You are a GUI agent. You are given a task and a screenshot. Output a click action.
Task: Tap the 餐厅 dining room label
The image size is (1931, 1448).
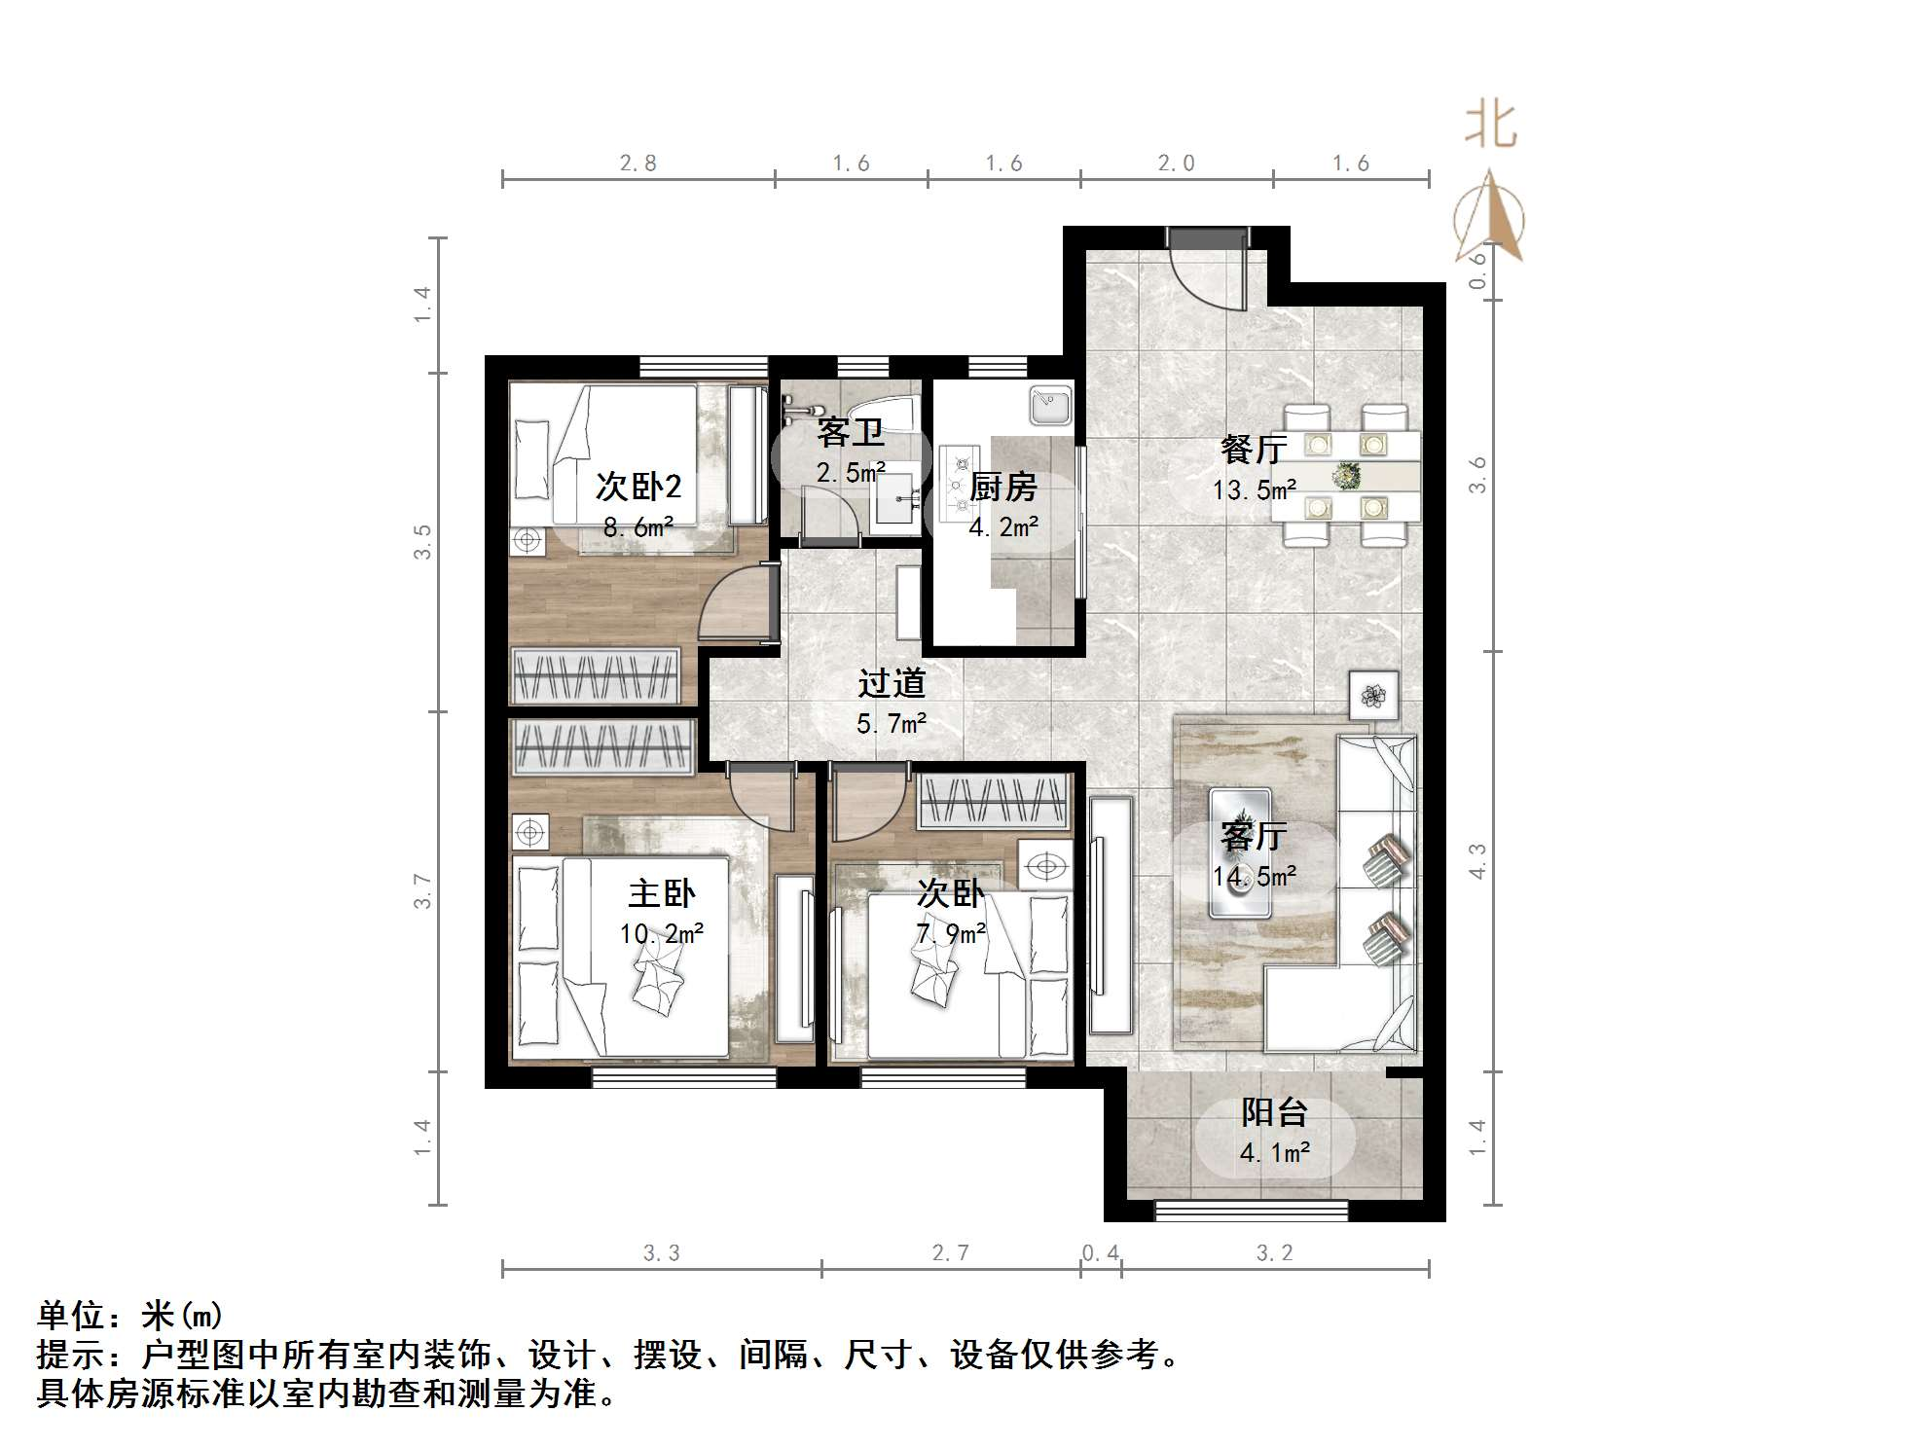pyautogui.click(x=1254, y=450)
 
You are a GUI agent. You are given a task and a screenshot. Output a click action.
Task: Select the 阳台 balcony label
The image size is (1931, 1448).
pyautogui.click(x=1274, y=1112)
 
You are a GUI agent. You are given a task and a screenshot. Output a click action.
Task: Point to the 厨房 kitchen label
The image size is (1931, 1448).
pyautogui.click(x=1003, y=488)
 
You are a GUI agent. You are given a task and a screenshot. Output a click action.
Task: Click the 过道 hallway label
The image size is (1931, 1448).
pyautogui.click(x=891, y=684)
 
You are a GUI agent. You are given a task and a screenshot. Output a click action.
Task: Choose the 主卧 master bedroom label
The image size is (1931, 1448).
pyautogui.click(x=662, y=893)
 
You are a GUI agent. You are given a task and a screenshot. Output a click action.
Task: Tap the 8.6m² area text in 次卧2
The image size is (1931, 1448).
pyautogui.click(x=638, y=528)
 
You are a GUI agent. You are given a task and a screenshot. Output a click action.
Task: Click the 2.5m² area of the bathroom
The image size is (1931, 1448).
pyautogui.click(x=851, y=474)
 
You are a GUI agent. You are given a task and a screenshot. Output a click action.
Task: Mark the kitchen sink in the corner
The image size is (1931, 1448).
pyautogui.click(x=1050, y=405)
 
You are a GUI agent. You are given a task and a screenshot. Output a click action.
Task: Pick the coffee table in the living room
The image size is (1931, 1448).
pyautogui.click(x=1239, y=852)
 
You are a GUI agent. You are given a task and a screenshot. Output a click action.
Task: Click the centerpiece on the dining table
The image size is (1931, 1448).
pyautogui.click(x=1347, y=476)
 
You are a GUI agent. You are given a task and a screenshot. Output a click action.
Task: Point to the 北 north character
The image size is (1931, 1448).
pyautogui.click(x=1491, y=127)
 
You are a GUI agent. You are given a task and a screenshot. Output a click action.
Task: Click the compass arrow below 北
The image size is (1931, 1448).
pyautogui.click(x=1490, y=216)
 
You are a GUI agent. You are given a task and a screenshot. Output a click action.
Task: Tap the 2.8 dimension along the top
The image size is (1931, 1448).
pyautogui.click(x=638, y=163)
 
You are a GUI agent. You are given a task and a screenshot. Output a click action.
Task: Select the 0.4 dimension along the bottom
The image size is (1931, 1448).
pyautogui.click(x=1101, y=1253)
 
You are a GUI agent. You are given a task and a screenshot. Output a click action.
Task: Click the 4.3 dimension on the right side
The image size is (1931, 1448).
pyautogui.click(x=1477, y=861)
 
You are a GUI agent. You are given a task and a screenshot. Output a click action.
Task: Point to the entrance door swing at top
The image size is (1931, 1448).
pyautogui.click(x=1207, y=272)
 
